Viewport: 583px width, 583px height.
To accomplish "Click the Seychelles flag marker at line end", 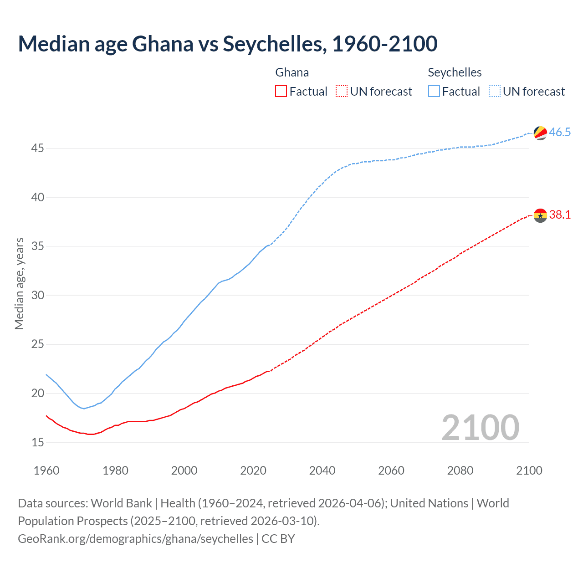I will (x=540, y=133).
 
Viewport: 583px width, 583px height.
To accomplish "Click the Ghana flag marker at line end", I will (x=540, y=215).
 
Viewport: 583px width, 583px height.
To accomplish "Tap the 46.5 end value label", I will (x=560, y=133).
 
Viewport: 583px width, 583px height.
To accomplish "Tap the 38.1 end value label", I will (x=560, y=215).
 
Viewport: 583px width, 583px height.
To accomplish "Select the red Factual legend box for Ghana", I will (x=281, y=92).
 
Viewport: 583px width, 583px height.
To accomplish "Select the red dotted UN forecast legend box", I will (x=342, y=92).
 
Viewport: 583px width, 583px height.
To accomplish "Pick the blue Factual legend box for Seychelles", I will (x=434, y=92).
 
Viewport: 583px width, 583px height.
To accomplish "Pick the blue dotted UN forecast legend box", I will (x=495, y=92).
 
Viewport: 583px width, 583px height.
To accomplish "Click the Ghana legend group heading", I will (x=292, y=72).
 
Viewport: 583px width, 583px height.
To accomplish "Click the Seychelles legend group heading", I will (x=455, y=72).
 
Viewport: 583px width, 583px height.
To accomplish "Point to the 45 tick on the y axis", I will (x=38, y=148).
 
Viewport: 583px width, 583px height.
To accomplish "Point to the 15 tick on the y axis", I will (x=38, y=442).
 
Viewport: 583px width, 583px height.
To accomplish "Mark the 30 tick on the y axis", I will (x=38, y=295).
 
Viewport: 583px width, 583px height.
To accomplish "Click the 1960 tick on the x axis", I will (x=46, y=470).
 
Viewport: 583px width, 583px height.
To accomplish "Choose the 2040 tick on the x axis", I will (x=322, y=470).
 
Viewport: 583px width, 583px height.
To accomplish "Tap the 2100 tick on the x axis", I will (x=529, y=470).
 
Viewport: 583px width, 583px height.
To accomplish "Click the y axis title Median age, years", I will (x=19, y=283).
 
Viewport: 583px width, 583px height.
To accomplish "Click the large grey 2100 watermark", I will (x=481, y=427).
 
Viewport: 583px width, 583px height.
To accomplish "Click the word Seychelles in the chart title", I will (x=274, y=44).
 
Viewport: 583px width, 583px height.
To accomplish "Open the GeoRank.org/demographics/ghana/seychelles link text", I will (x=135, y=539).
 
